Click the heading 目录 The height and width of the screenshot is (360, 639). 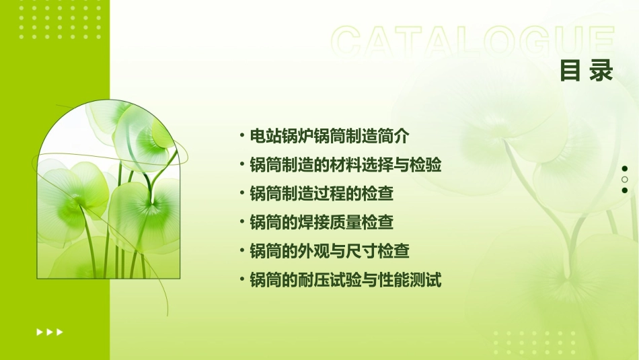[587, 71]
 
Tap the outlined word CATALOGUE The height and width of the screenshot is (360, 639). [472, 42]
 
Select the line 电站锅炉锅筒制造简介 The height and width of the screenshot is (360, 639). [329, 136]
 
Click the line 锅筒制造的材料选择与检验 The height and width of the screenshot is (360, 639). [345, 165]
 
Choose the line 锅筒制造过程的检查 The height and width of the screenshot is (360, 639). [321, 194]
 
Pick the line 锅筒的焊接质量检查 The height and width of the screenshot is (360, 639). [321, 222]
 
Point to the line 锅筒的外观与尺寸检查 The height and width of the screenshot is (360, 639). [329, 251]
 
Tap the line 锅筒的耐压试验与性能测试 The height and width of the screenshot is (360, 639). [345, 280]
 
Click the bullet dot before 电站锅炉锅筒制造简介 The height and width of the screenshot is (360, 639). [241, 136]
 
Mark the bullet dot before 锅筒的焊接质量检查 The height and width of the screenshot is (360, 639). [241, 222]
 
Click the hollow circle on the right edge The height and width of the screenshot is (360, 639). [625, 180]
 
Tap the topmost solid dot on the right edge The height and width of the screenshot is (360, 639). [625, 168]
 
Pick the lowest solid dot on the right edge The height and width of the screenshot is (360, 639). [625, 190]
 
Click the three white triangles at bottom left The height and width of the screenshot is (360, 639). [50, 332]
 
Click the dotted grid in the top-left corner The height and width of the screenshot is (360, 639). [60, 20]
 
